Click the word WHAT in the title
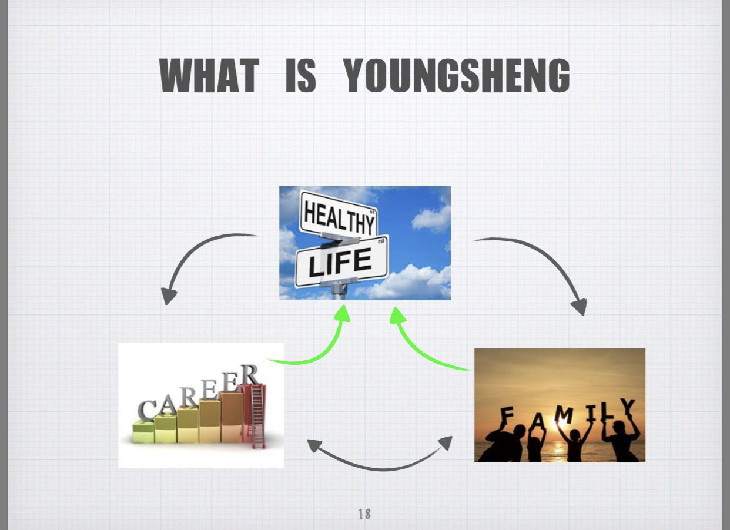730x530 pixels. [209, 76]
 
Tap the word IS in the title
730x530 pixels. [301, 76]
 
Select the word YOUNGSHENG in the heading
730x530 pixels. [457, 76]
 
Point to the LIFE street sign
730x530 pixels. [341, 261]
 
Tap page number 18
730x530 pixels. [364, 514]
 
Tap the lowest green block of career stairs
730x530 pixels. [143, 432]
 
